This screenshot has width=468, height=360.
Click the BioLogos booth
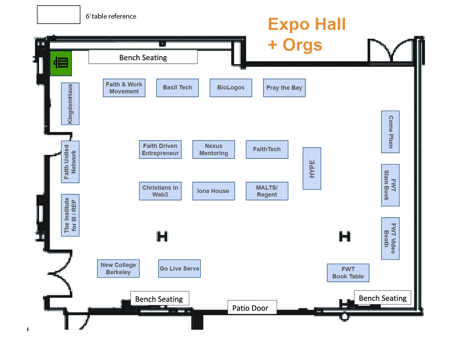(x=231, y=88)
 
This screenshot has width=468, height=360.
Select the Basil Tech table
(x=177, y=88)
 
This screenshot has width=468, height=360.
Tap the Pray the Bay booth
(x=284, y=88)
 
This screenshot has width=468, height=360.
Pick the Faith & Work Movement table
(x=124, y=88)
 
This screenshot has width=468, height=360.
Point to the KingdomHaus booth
(x=70, y=104)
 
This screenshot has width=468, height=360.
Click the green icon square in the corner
(x=61, y=63)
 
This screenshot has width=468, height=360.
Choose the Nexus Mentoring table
(x=213, y=150)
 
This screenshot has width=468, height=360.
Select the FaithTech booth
(x=267, y=150)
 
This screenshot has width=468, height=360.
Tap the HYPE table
(x=312, y=169)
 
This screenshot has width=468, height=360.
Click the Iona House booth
(x=213, y=191)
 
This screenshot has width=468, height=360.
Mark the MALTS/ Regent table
(x=267, y=191)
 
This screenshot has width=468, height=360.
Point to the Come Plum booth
(x=390, y=132)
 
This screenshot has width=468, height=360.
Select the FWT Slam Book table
(x=390, y=185)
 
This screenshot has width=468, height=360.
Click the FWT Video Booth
(x=390, y=238)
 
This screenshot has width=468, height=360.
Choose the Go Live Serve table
(x=179, y=269)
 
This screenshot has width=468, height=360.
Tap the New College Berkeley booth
(x=118, y=269)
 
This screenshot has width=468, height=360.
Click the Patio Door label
(x=252, y=307)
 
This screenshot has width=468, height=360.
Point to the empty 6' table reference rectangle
(x=59, y=15)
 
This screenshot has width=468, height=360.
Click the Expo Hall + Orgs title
(x=307, y=34)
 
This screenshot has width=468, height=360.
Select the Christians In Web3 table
(x=160, y=191)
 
